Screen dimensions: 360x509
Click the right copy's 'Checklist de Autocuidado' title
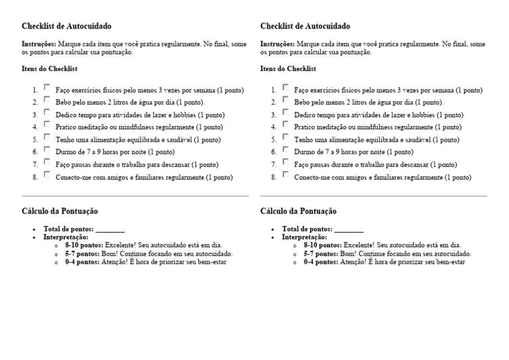[306, 27]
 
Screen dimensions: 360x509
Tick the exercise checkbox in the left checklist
[47, 87]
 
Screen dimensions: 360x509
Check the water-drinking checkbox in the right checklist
[285, 99]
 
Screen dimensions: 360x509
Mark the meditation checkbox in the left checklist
[47, 125]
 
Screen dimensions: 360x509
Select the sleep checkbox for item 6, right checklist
[285, 150]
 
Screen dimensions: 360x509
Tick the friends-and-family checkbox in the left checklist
[47, 175]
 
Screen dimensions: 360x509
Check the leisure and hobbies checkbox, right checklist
[285, 112]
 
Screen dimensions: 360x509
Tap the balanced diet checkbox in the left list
[47, 137]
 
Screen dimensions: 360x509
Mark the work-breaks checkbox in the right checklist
[285, 162]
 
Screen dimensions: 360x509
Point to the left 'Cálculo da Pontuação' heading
[60, 211]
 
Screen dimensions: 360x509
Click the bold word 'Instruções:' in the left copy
[39, 44]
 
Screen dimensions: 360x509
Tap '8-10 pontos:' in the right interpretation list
[321, 245]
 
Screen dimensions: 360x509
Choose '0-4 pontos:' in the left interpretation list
[81, 262]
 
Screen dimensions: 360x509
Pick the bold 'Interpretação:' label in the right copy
[305, 237]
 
